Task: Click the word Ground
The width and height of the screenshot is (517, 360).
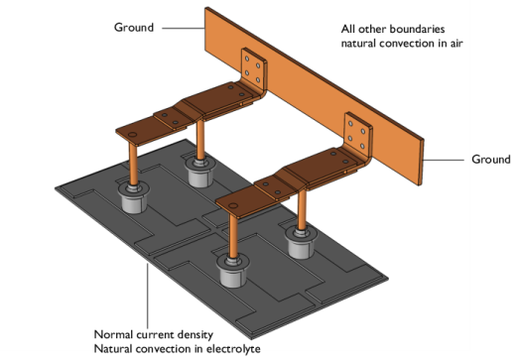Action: pos(133,28)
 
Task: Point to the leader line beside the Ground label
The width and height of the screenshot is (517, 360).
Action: pos(182,29)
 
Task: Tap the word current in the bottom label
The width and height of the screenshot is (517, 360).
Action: pos(164,334)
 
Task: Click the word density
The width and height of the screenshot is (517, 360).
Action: pos(210,334)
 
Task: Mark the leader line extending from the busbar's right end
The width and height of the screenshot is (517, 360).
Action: pos(445,157)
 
